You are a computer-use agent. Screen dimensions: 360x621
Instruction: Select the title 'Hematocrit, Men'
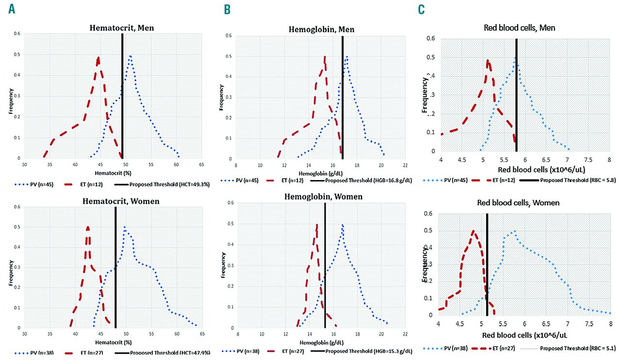tap(122, 28)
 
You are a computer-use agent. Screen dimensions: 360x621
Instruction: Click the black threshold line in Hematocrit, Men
tap(122, 97)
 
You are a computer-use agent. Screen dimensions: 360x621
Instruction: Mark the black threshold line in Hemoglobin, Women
tap(325, 272)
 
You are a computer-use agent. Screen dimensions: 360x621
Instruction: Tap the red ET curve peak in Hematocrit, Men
tap(98, 58)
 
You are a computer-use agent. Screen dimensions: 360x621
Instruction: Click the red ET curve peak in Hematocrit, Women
tap(88, 227)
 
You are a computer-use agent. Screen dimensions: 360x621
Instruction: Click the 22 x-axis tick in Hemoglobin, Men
tap(405, 164)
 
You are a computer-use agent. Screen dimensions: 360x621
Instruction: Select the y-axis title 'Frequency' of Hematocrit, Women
tap(11, 267)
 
